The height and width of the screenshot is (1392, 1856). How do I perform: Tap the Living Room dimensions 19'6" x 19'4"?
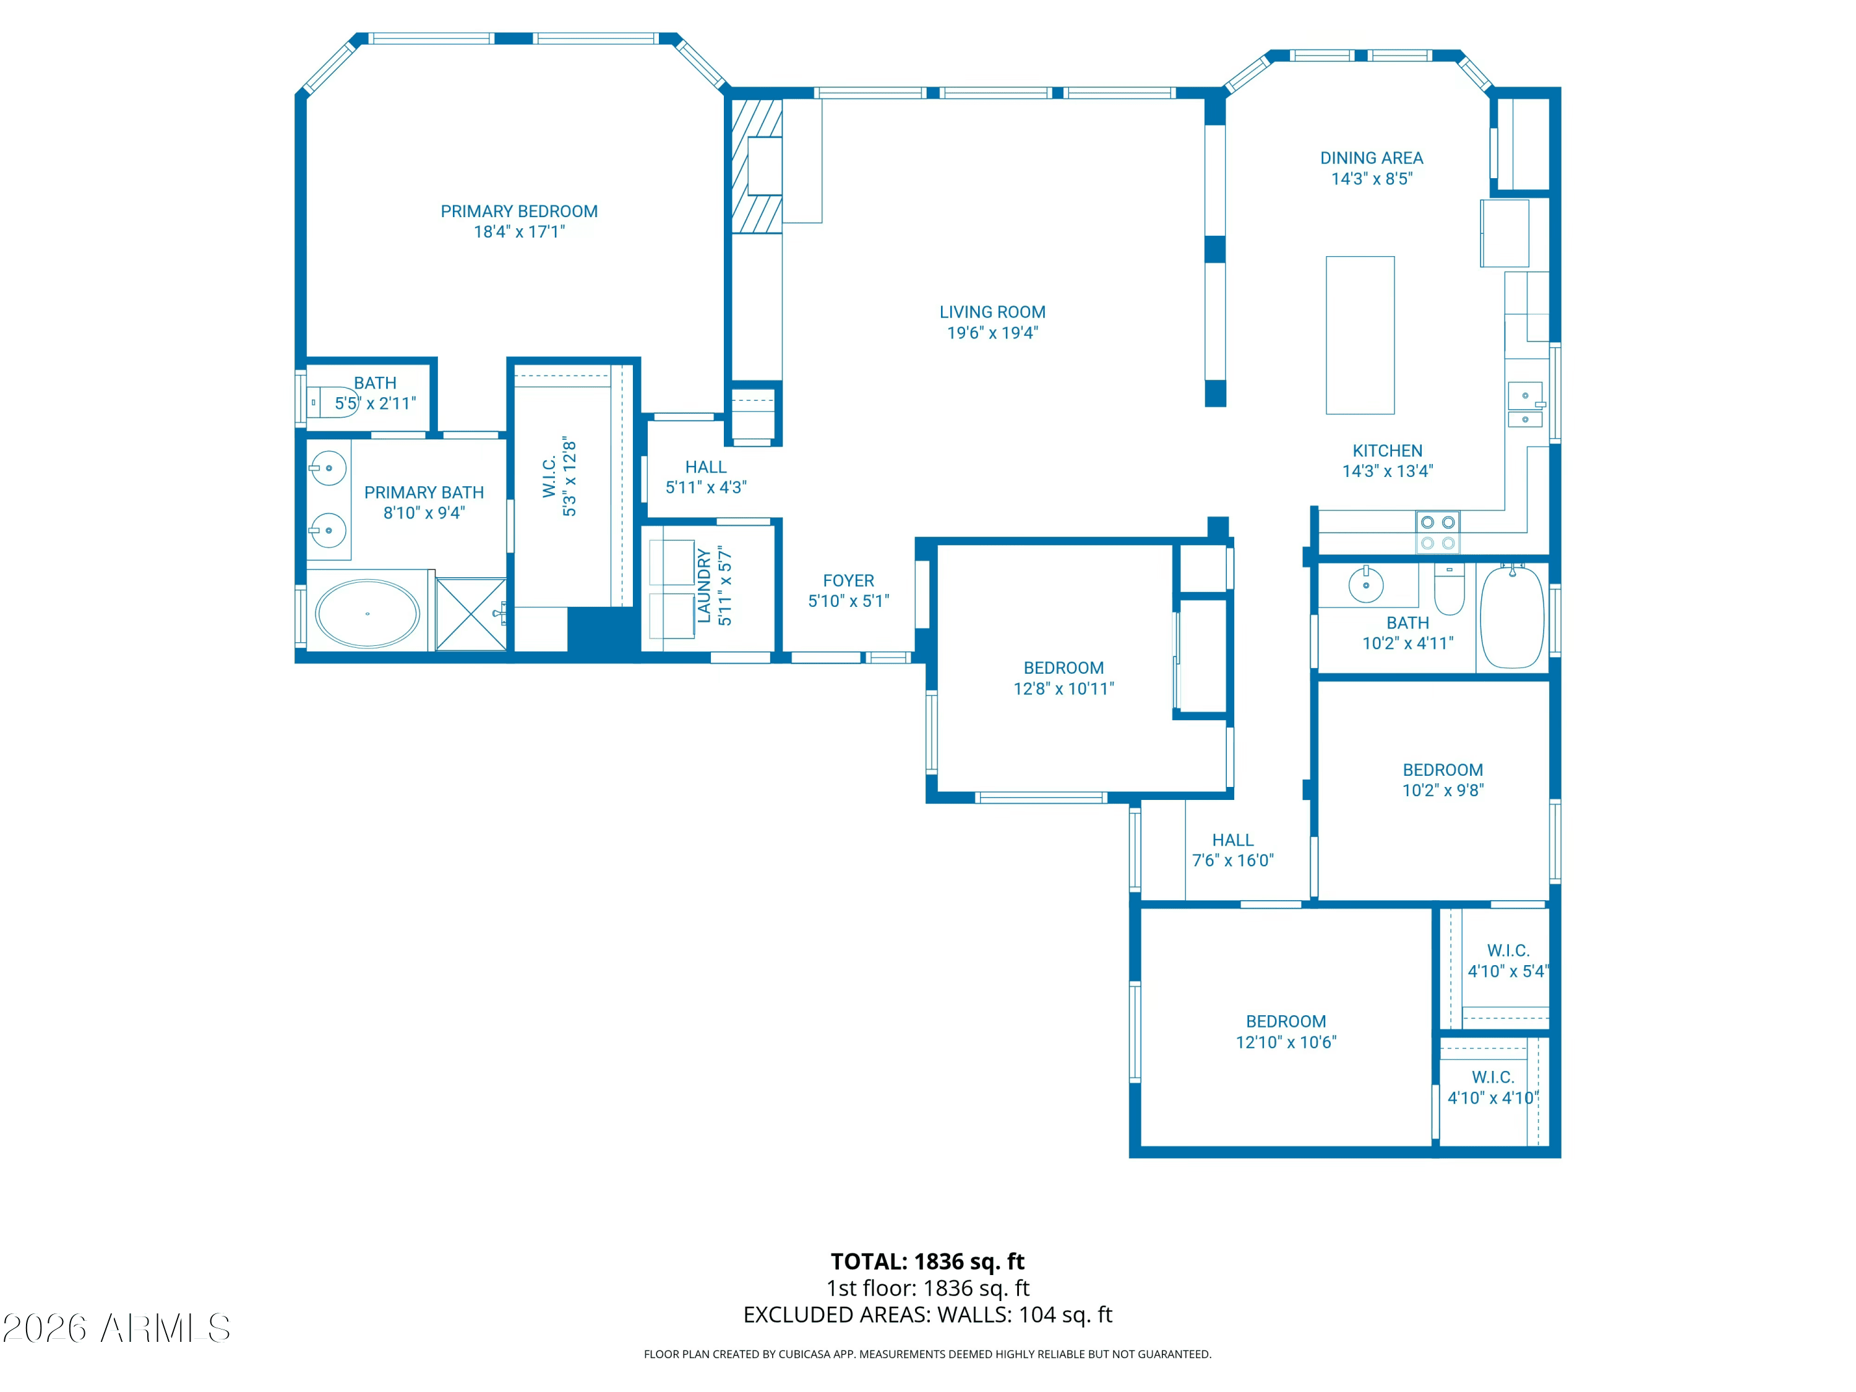[x=992, y=333]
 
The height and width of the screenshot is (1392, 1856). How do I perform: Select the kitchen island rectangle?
[x=1359, y=335]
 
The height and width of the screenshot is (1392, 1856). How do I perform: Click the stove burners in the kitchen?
[x=1437, y=532]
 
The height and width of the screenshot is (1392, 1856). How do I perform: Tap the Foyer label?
[x=848, y=581]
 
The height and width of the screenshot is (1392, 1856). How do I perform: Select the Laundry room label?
[x=704, y=586]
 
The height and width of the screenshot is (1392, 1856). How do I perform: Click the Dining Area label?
[x=1371, y=158]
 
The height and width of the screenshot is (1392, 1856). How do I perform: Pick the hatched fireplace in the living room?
[x=756, y=166]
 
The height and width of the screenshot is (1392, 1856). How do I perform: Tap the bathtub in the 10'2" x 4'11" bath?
[x=1511, y=617]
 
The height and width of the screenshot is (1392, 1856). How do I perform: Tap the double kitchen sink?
[x=1524, y=406]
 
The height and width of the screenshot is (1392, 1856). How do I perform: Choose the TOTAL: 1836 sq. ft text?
[x=927, y=1261]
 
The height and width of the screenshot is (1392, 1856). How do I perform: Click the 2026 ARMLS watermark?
[x=116, y=1328]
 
